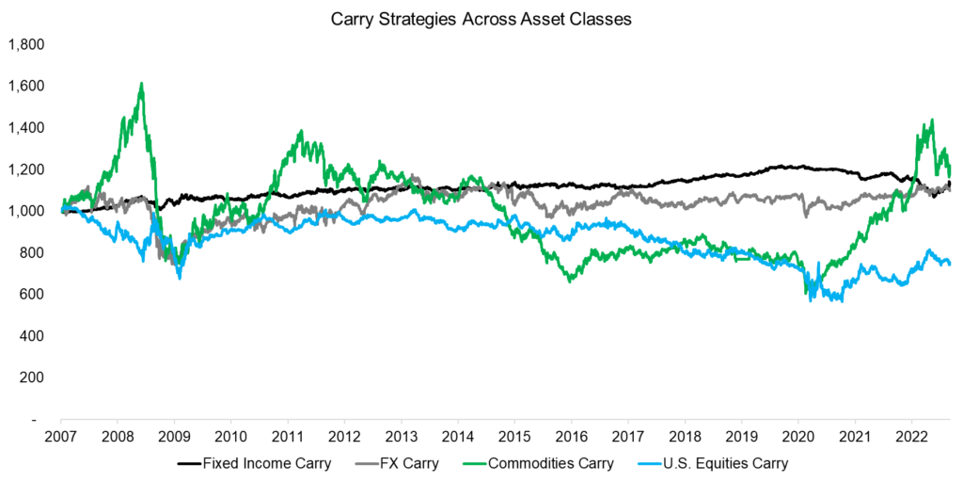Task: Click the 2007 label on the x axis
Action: click(x=61, y=437)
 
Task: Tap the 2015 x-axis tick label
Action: click(x=514, y=437)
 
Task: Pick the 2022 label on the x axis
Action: click(x=911, y=437)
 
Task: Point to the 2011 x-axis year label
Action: click(x=288, y=437)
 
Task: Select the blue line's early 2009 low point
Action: click(x=179, y=278)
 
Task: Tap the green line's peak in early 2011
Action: click(x=300, y=131)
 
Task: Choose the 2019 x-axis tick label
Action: click(x=741, y=437)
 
